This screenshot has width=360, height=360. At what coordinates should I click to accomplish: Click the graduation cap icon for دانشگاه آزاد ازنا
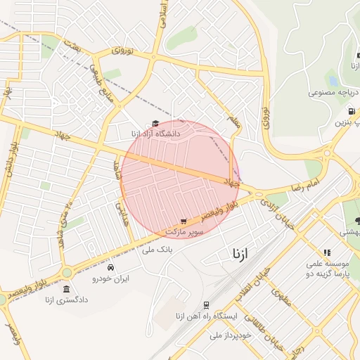[x=155, y=124]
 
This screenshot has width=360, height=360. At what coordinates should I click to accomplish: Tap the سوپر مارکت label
[x=184, y=231]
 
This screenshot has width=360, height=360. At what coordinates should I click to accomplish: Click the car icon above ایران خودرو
[x=110, y=268]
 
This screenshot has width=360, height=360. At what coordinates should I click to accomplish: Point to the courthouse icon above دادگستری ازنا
[x=66, y=290]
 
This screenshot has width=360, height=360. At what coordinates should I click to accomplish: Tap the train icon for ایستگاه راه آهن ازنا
[x=206, y=305]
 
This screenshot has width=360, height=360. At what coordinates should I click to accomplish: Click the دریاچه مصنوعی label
[x=334, y=92]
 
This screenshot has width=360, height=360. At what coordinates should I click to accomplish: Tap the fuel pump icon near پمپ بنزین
[x=351, y=111]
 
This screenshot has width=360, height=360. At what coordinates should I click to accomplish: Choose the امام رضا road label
[x=304, y=188]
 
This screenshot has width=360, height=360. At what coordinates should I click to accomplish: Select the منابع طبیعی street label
[x=101, y=78]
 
